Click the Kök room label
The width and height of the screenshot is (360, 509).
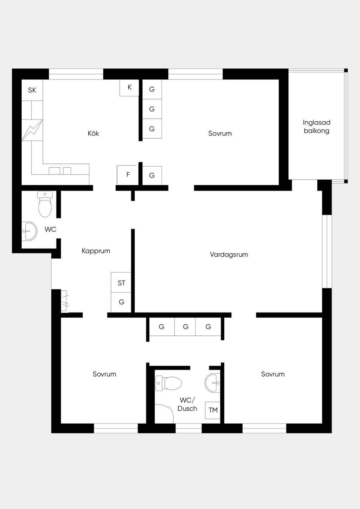(x=93, y=133)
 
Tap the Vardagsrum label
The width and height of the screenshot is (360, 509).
(x=229, y=254)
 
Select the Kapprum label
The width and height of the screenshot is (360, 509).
(x=96, y=251)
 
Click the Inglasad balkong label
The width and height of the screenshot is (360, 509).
(x=317, y=127)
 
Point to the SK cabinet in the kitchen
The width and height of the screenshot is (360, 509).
(x=32, y=90)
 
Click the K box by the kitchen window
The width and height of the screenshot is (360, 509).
(x=129, y=88)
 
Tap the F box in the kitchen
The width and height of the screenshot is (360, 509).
(x=128, y=175)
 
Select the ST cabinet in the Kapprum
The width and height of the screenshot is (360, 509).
(x=121, y=282)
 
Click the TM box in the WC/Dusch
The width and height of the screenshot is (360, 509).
(x=213, y=410)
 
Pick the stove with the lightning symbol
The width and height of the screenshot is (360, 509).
(x=32, y=130)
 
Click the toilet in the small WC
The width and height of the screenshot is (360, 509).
(x=45, y=204)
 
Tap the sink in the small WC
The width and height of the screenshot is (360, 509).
(x=30, y=231)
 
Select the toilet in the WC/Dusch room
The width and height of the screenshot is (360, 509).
(x=168, y=383)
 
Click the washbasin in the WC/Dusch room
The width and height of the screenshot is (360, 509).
(x=212, y=383)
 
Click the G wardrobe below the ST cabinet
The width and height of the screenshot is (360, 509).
(x=121, y=302)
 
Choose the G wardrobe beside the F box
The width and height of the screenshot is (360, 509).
(x=152, y=175)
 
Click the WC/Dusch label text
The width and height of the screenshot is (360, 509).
(x=187, y=404)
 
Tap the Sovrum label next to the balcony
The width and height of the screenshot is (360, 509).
(x=220, y=133)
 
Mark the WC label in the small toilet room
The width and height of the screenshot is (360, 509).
(x=51, y=229)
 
